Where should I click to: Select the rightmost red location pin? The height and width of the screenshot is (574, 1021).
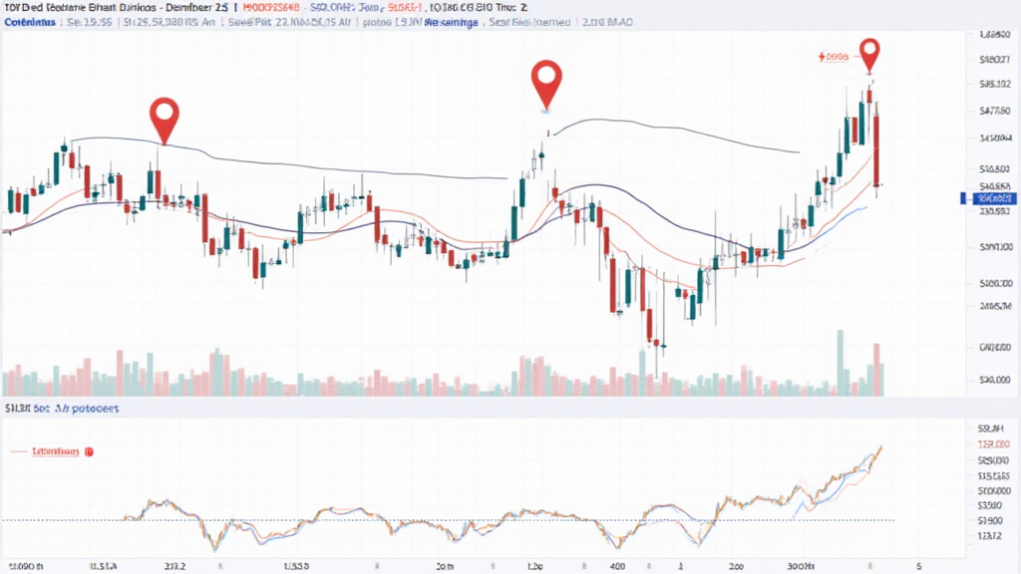tap(870, 54)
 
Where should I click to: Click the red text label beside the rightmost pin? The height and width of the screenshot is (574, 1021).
tap(833, 58)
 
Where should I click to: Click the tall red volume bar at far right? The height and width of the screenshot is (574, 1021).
tap(877, 370)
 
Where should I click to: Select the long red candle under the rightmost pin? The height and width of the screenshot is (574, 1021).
tap(877, 149)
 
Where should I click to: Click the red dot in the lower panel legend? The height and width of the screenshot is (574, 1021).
tap(88, 451)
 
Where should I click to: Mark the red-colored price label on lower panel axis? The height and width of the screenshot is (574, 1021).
tap(994, 444)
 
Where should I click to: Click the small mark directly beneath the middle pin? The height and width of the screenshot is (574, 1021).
tap(547, 132)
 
